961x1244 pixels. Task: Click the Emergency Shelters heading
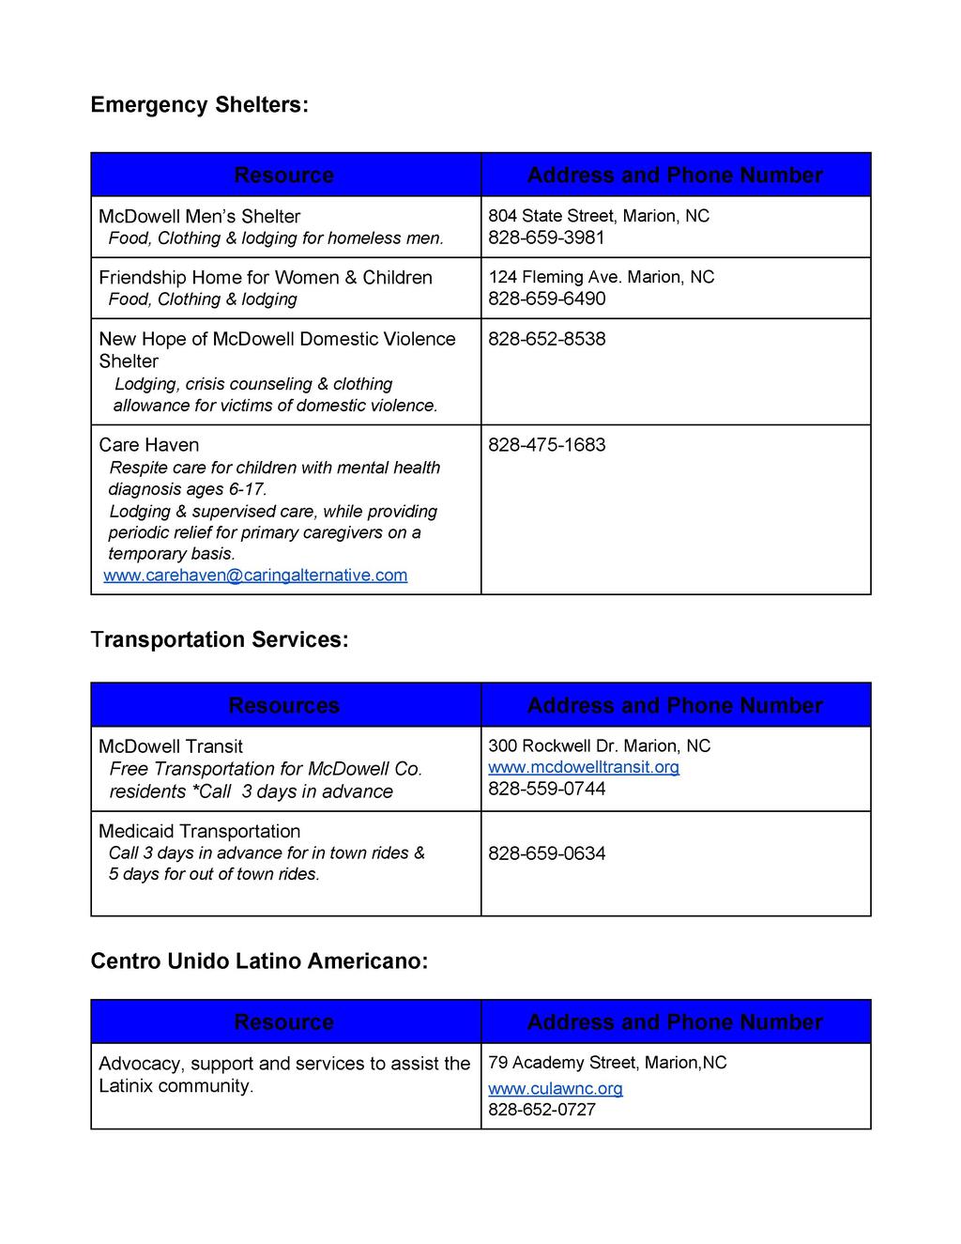tap(199, 104)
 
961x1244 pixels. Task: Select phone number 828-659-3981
tap(546, 238)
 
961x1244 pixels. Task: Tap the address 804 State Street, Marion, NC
tap(598, 216)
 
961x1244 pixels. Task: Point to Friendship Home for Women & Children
tap(266, 277)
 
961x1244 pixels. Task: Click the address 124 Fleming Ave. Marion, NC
tap(601, 277)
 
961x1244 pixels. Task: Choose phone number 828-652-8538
tap(546, 339)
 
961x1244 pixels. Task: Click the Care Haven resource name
tap(148, 445)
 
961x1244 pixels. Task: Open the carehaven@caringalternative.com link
tap(255, 575)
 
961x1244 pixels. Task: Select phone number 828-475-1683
tap(546, 445)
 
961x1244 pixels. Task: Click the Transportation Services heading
tap(220, 639)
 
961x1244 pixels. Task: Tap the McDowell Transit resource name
tap(171, 746)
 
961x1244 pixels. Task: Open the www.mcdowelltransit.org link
tap(583, 767)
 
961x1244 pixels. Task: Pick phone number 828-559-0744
tap(546, 789)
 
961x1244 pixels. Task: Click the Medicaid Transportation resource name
tap(199, 831)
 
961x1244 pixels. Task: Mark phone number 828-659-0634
tap(546, 853)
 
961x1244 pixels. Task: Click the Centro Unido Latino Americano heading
tap(259, 961)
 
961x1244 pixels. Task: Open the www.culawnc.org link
tap(555, 1088)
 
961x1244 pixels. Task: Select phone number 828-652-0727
tap(542, 1110)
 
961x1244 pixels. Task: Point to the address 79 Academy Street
tap(606, 1063)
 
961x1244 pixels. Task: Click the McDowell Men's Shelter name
tap(199, 216)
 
